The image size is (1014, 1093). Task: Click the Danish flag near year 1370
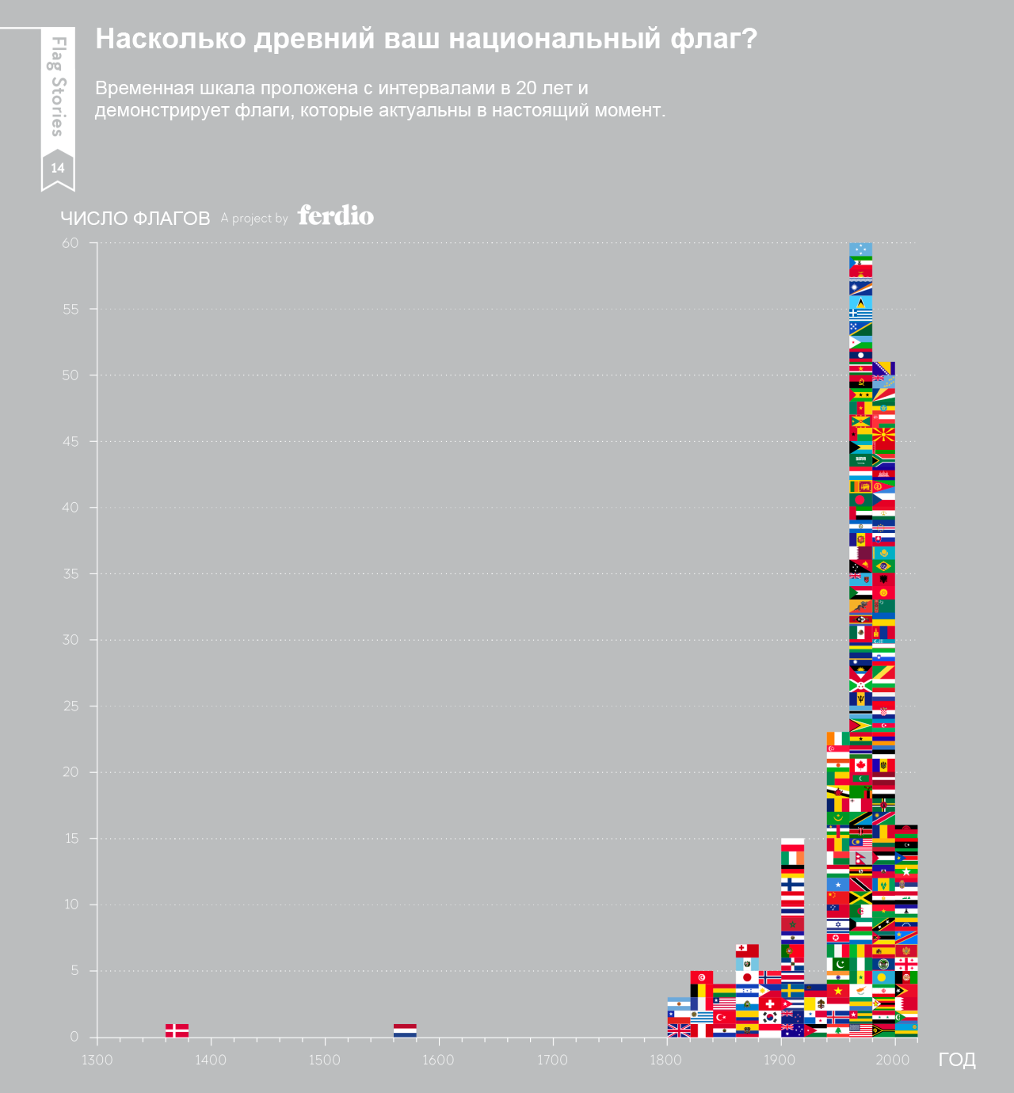pos(177,1030)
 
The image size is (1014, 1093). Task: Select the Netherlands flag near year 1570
pos(405,1030)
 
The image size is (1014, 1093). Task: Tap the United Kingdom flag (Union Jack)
pos(679,1030)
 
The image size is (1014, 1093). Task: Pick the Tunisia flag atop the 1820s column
pos(701,977)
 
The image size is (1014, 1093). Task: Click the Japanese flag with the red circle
pos(746,977)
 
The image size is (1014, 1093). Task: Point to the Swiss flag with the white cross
pos(769,1004)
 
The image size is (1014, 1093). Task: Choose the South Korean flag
pos(769,1017)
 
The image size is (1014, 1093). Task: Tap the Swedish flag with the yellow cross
pos(792,991)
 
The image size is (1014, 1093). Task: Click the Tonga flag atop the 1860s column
pos(746,950)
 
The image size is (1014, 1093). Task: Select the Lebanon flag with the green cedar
pos(837,1030)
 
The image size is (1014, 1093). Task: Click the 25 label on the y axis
pos(71,706)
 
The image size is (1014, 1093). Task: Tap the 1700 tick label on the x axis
pos(552,1060)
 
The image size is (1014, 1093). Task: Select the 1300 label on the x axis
pos(97,1060)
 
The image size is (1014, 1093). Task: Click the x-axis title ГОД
pos(957,1060)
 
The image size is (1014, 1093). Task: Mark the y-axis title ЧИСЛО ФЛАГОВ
pos(135,219)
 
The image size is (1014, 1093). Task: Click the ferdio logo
pos(336,215)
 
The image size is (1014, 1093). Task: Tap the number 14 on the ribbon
pos(58,168)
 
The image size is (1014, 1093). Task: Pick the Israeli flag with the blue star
pos(837,924)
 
